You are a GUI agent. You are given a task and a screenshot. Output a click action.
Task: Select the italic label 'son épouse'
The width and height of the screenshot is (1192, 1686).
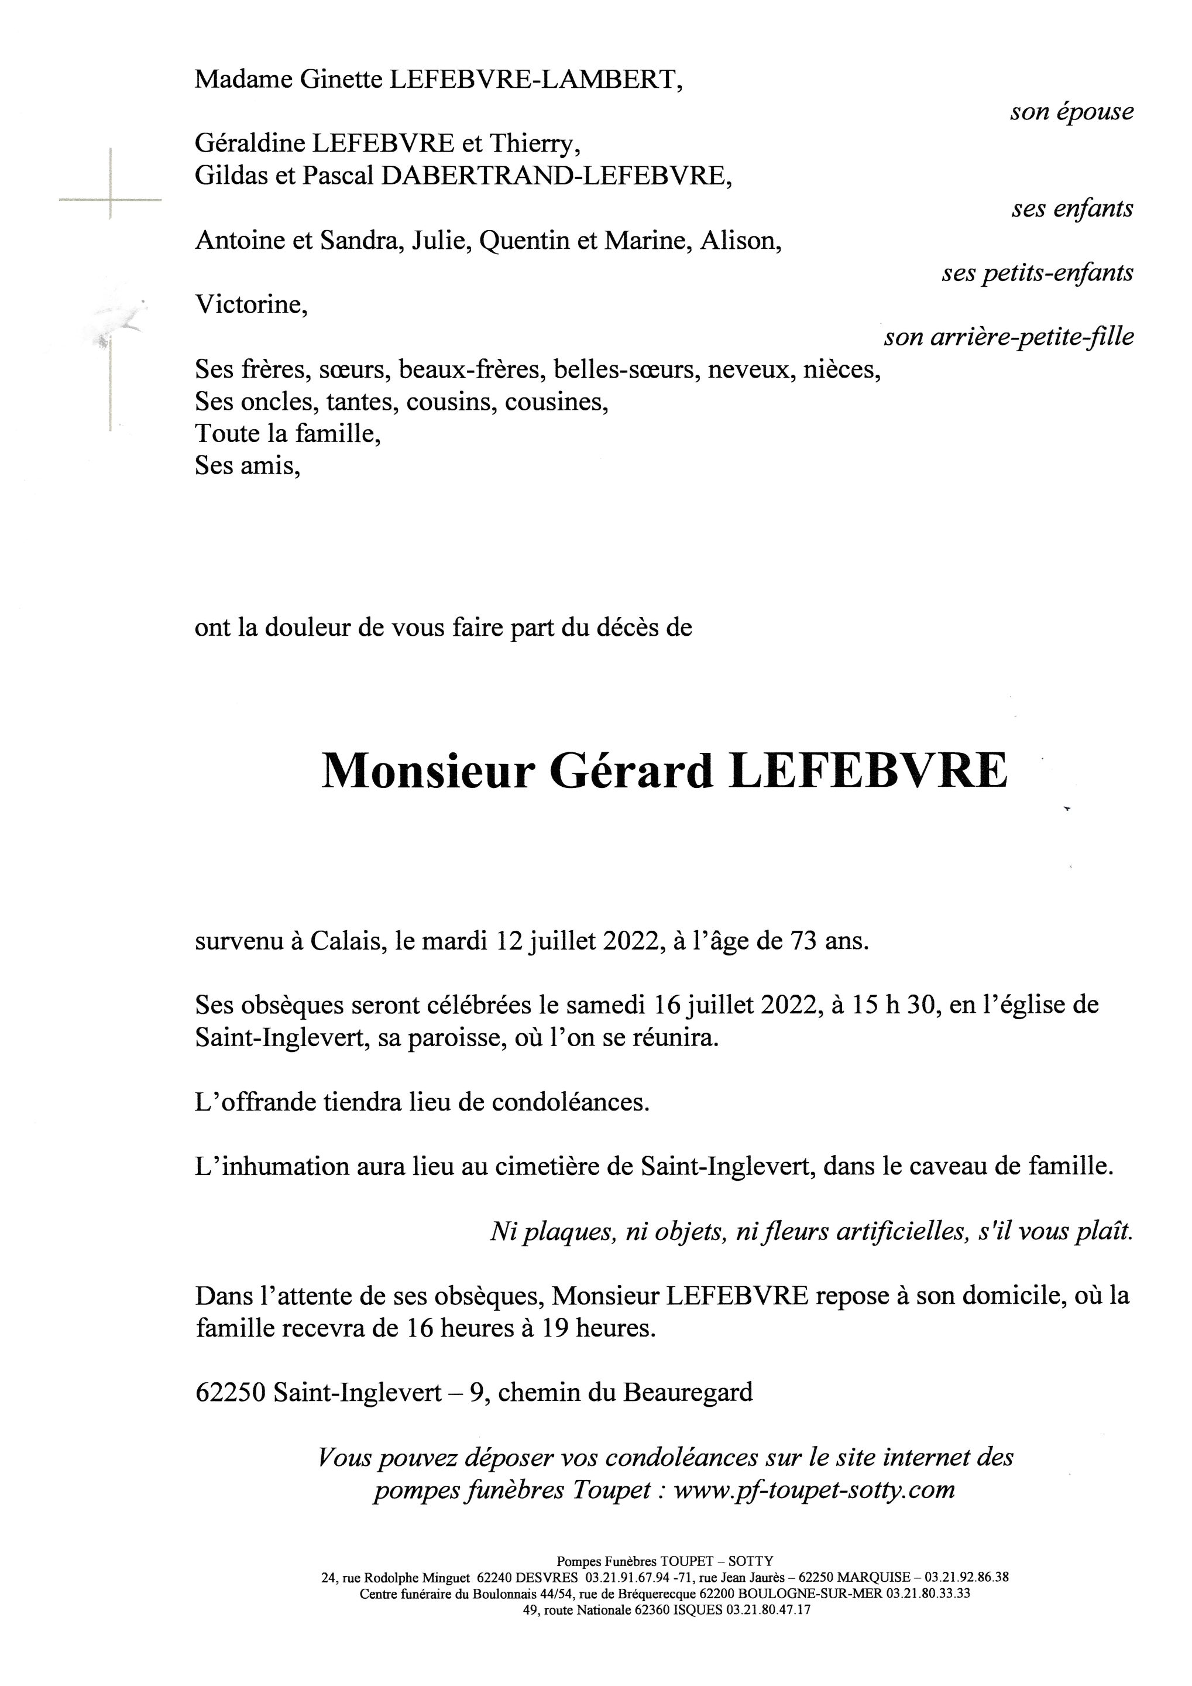[x=1071, y=112]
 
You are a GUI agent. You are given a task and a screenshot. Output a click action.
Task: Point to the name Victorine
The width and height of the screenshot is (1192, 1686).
[x=251, y=305]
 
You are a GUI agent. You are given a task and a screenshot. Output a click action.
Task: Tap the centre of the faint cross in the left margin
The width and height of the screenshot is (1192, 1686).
[x=110, y=199]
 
